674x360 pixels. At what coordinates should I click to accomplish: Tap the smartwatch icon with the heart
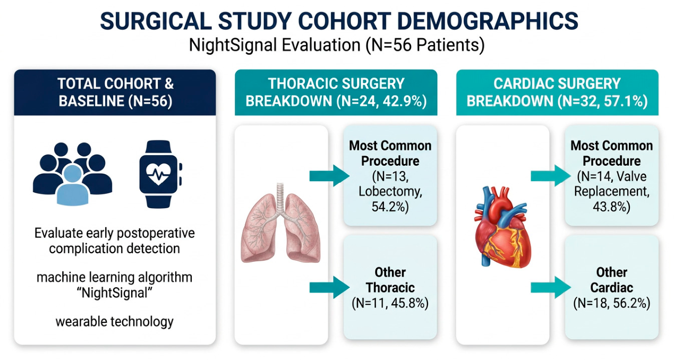pyautogui.click(x=160, y=174)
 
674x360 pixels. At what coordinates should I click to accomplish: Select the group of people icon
pyautogui.click(x=73, y=174)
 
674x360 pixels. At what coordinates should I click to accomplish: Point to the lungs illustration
pyautogui.click(x=281, y=223)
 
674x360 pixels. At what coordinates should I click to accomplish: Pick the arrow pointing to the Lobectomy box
pyautogui.click(x=329, y=176)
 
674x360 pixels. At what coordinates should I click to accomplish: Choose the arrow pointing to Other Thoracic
pyautogui.click(x=329, y=288)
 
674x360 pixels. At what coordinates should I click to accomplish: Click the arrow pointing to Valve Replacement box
pyautogui.click(x=551, y=176)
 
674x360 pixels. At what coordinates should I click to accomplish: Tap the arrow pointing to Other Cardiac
pyautogui.click(x=551, y=288)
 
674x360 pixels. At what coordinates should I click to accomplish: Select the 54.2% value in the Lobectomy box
pyautogui.click(x=390, y=207)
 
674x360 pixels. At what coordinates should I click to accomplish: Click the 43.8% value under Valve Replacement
pyautogui.click(x=611, y=207)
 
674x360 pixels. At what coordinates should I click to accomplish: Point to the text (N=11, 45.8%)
pyautogui.click(x=390, y=303)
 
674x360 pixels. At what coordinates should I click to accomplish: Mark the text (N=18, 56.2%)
pyautogui.click(x=612, y=303)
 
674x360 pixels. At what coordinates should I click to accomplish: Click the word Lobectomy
pyautogui.click(x=390, y=192)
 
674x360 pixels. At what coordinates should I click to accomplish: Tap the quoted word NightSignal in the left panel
pyautogui.click(x=115, y=293)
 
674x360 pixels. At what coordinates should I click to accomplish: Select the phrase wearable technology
pyautogui.click(x=115, y=321)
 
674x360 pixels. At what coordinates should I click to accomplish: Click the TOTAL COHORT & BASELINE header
pyautogui.click(x=115, y=92)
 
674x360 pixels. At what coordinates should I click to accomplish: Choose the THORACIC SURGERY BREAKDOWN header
pyautogui.click(x=336, y=92)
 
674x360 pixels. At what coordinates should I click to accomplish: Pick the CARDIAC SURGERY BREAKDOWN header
pyautogui.click(x=557, y=92)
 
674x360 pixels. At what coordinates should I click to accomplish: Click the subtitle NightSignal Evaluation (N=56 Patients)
pyautogui.click(x=337, y=45)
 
